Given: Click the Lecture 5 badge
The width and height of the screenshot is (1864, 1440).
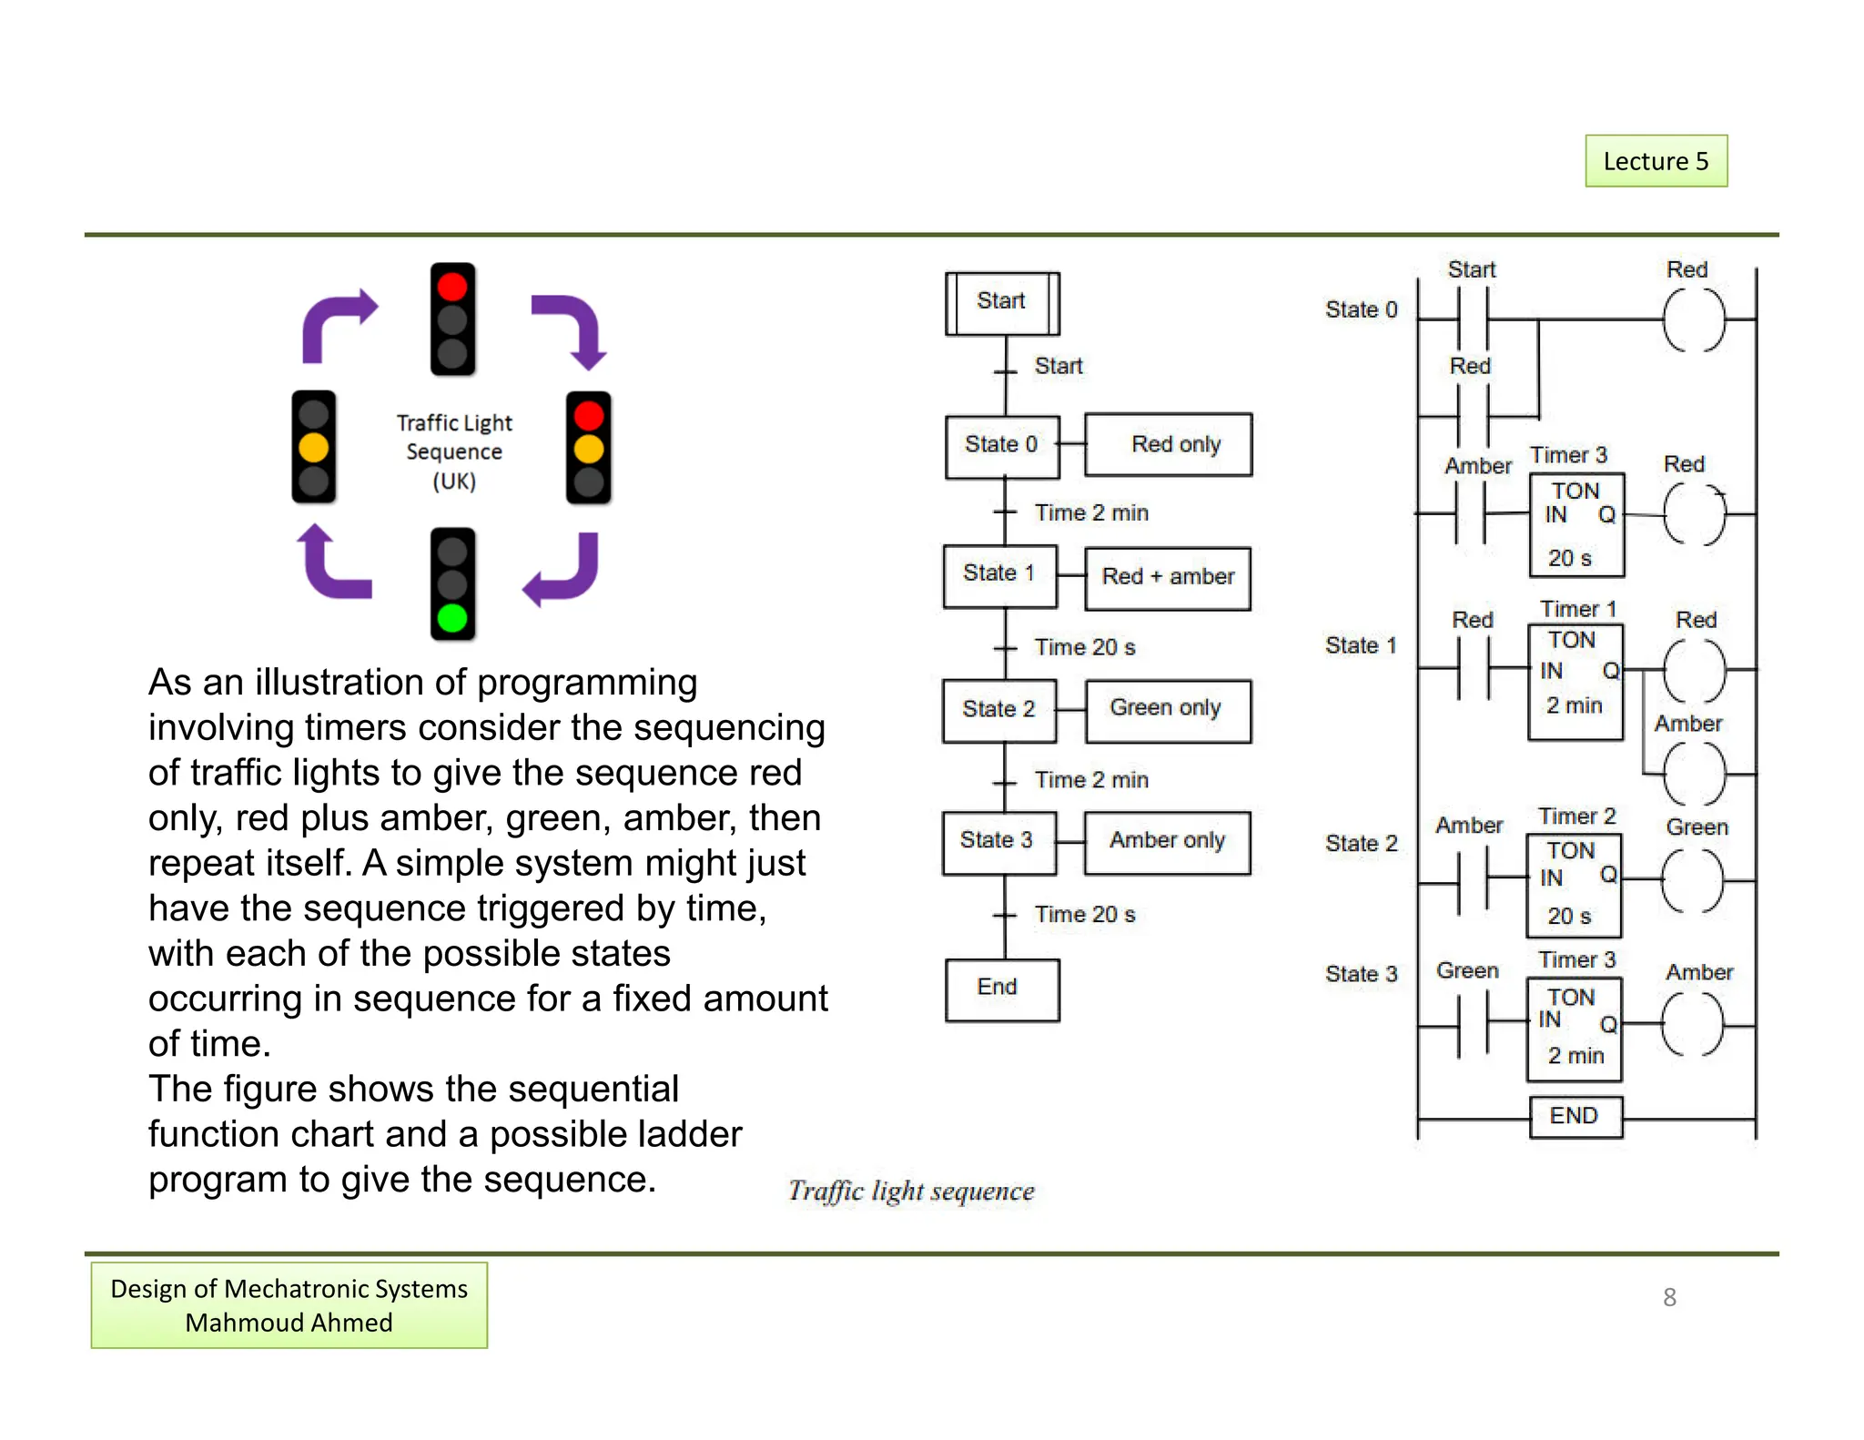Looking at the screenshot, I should pos(1656,161).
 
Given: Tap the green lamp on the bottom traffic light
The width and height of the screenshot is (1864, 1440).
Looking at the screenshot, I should pos(452,618).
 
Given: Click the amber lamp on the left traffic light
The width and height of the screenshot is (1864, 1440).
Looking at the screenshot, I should pos(313,448).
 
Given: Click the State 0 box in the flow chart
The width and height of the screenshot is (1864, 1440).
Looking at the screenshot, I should pos(1002,445).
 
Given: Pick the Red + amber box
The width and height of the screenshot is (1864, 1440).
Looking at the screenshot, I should pos(1168,577).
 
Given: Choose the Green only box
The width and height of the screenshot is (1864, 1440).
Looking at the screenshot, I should pos(1168,710).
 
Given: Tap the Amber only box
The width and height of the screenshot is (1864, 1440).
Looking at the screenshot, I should pos(1168,842).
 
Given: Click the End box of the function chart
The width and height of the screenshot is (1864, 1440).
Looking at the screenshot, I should pos(1002,989).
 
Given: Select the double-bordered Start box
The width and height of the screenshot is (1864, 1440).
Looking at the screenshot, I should pos(1002,302).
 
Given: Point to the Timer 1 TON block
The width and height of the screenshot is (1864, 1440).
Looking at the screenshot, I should pos(1575,681).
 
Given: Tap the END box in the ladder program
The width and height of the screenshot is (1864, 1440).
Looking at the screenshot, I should pos(1575,1117).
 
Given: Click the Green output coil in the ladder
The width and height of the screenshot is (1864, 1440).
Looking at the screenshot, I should pos(1692,881).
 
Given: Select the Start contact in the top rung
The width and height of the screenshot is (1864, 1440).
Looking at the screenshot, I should pos(1472,319).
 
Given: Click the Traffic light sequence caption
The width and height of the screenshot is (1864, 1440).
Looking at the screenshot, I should pos(911,1192).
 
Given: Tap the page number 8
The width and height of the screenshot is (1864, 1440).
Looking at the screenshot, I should pos(1669,1297).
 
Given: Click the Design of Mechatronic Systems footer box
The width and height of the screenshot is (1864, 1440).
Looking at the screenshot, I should pos(289,1305).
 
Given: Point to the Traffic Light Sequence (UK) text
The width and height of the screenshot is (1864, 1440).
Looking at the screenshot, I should pos(454,451).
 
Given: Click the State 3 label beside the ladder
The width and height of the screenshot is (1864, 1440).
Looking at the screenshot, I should pos(1361,974).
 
